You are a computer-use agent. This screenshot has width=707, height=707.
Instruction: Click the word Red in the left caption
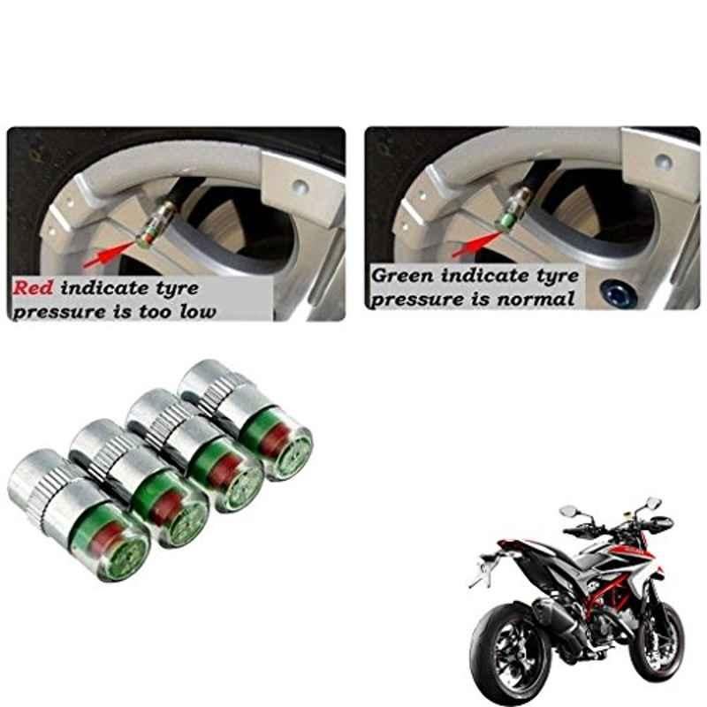[33, 288]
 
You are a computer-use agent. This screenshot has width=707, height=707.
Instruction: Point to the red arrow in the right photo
[477, 244]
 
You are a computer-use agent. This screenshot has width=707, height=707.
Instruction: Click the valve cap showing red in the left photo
[152, 224]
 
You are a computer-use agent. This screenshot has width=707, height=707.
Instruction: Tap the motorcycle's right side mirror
[652, 503]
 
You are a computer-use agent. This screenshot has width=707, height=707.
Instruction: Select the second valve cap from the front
[141, 483]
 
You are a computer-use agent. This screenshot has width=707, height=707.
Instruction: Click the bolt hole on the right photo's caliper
[663, 160]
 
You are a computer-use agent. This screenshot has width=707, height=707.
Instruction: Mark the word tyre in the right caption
[558, 276]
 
